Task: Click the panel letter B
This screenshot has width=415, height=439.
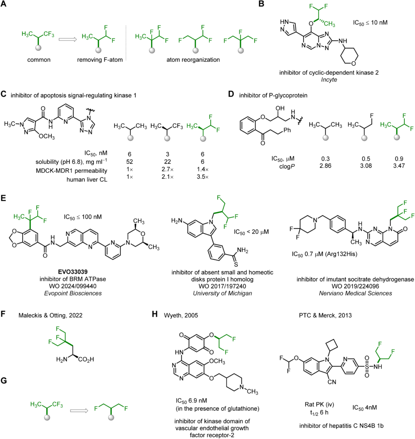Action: click(261, 4)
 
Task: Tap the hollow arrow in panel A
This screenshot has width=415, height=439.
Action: click(67, 39)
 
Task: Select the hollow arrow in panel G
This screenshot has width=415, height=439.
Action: click(79, 411)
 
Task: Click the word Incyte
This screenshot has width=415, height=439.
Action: click(329, 80)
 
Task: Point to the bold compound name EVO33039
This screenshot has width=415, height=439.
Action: click(73, 272)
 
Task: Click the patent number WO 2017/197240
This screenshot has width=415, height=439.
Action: click(223, 286)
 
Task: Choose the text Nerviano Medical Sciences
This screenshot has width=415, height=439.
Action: click(355, 293)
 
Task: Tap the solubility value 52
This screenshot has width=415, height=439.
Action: click(129, 162)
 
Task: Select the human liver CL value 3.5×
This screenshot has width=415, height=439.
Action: click(202, 177)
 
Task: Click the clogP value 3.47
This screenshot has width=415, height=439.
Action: click(399, 166)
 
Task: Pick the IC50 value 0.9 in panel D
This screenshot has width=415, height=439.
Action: click(399, 159)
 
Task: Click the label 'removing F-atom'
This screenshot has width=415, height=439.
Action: click(100, 60)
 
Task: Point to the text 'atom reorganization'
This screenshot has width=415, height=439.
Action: click(193, 60)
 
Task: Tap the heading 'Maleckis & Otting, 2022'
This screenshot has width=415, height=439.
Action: click(51, 316)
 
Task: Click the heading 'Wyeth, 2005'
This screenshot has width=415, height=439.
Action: click(181, 316)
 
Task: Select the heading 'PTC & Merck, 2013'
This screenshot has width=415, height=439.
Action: click(325, 316)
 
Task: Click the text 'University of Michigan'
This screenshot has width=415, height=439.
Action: click(223, 293)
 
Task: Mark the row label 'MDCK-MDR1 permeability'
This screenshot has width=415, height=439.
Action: click(72, 171)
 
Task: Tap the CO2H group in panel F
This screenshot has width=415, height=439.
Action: click(86, 360)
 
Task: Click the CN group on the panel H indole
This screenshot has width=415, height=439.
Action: click(332, 382)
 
